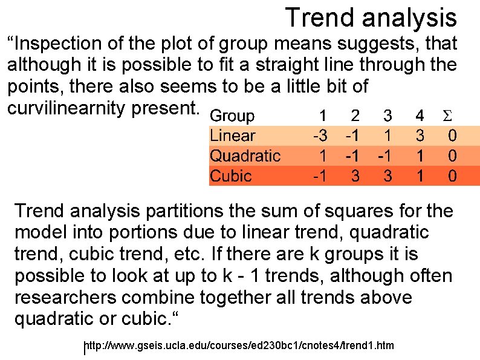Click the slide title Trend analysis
(371, 18)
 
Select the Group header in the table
(233, 116)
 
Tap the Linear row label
(232, 136)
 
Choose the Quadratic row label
(245, 156)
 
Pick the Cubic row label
(230, 176)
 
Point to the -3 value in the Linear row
(320, 136)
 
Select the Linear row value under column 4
(419, 136)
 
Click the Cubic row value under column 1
(320, 176)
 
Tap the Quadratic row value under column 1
(323, 156)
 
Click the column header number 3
(388, 116)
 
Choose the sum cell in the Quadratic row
(452, 156)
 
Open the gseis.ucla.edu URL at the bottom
(239, 346)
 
